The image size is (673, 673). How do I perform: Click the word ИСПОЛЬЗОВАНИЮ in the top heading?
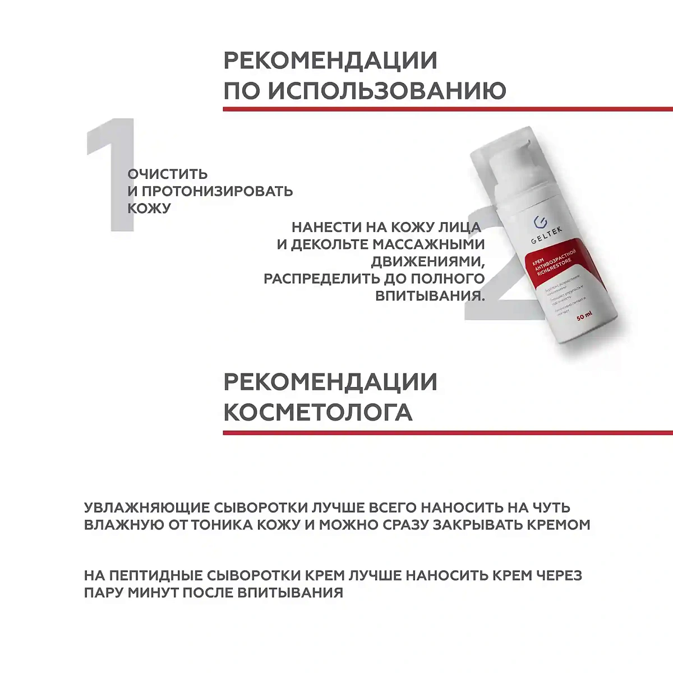click(x=386, y=90)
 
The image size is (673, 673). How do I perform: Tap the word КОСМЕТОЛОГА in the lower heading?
click(x=317, y=412)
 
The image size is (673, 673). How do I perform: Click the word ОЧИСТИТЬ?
click(x=167, y=174)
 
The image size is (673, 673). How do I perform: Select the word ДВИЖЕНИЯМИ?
click(x=428, y=261)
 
